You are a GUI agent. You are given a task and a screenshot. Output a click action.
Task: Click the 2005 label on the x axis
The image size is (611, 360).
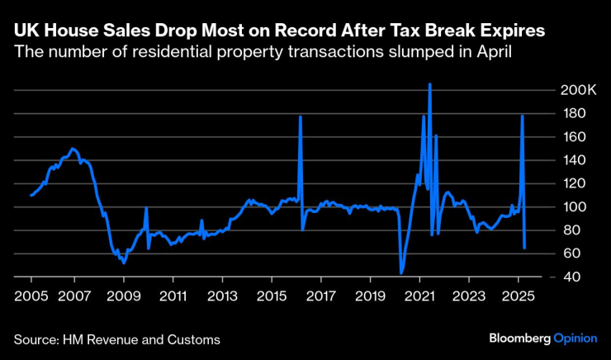click(31, 295)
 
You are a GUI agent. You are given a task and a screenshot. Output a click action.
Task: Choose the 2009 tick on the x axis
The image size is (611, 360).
click(122, 295)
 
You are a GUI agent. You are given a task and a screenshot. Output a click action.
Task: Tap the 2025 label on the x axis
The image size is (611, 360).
click(519, 295)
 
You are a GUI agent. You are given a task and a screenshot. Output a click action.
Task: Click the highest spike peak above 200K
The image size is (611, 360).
click(429, 83)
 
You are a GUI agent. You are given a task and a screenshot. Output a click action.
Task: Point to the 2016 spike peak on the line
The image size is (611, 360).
click(301, 116)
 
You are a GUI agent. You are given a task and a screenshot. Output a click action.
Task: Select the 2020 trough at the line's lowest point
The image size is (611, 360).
click(401, 273)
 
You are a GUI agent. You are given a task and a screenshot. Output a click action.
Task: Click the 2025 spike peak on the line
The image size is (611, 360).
click(522, 116)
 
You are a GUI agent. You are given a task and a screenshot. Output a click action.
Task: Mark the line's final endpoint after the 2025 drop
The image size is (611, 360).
click(525, 247)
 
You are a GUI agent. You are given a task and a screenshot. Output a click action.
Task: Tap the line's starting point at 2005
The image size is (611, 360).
click(31, 195)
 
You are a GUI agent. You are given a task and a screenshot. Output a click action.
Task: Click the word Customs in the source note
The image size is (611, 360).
click(195, 339)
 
